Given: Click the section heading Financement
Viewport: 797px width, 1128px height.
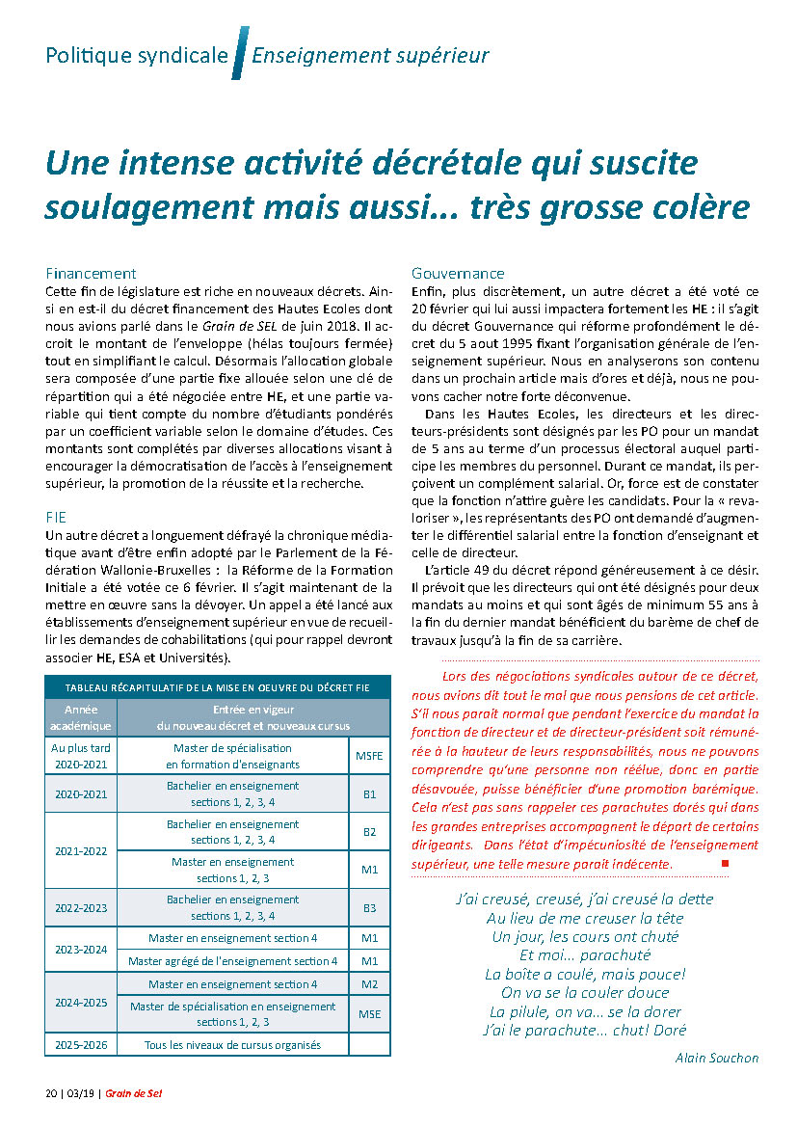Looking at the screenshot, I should point(91,274).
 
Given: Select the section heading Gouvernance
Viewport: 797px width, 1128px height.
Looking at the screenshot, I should point(458,274).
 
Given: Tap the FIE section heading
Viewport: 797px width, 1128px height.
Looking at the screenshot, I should point(56,516).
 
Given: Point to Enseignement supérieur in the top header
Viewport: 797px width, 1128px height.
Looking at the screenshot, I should point(370,55).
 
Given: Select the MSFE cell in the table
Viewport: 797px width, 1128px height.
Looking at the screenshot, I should point(370,756).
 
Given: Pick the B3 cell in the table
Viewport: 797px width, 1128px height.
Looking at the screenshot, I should point(369,908).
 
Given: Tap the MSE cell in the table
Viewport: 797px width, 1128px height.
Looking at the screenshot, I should point(370,1014).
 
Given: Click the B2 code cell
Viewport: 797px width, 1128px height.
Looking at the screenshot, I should point(369,832).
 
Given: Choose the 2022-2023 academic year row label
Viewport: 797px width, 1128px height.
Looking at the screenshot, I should point(81,908).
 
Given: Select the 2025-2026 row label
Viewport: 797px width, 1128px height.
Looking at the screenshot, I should point(81,1045).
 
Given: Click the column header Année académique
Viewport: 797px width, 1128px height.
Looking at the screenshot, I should point(81,718).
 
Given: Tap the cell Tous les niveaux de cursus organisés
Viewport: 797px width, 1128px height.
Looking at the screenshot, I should point(232,1045).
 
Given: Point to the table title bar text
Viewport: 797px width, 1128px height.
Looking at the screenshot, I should point(217,687).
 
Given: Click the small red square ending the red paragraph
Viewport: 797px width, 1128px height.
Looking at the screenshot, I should point(725,863).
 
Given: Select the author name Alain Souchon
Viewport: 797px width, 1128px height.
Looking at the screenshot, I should point(717,1058).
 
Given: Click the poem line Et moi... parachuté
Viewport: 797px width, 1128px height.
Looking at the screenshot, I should point(584,954).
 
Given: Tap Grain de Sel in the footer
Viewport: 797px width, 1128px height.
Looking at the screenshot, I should point(132,1093).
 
